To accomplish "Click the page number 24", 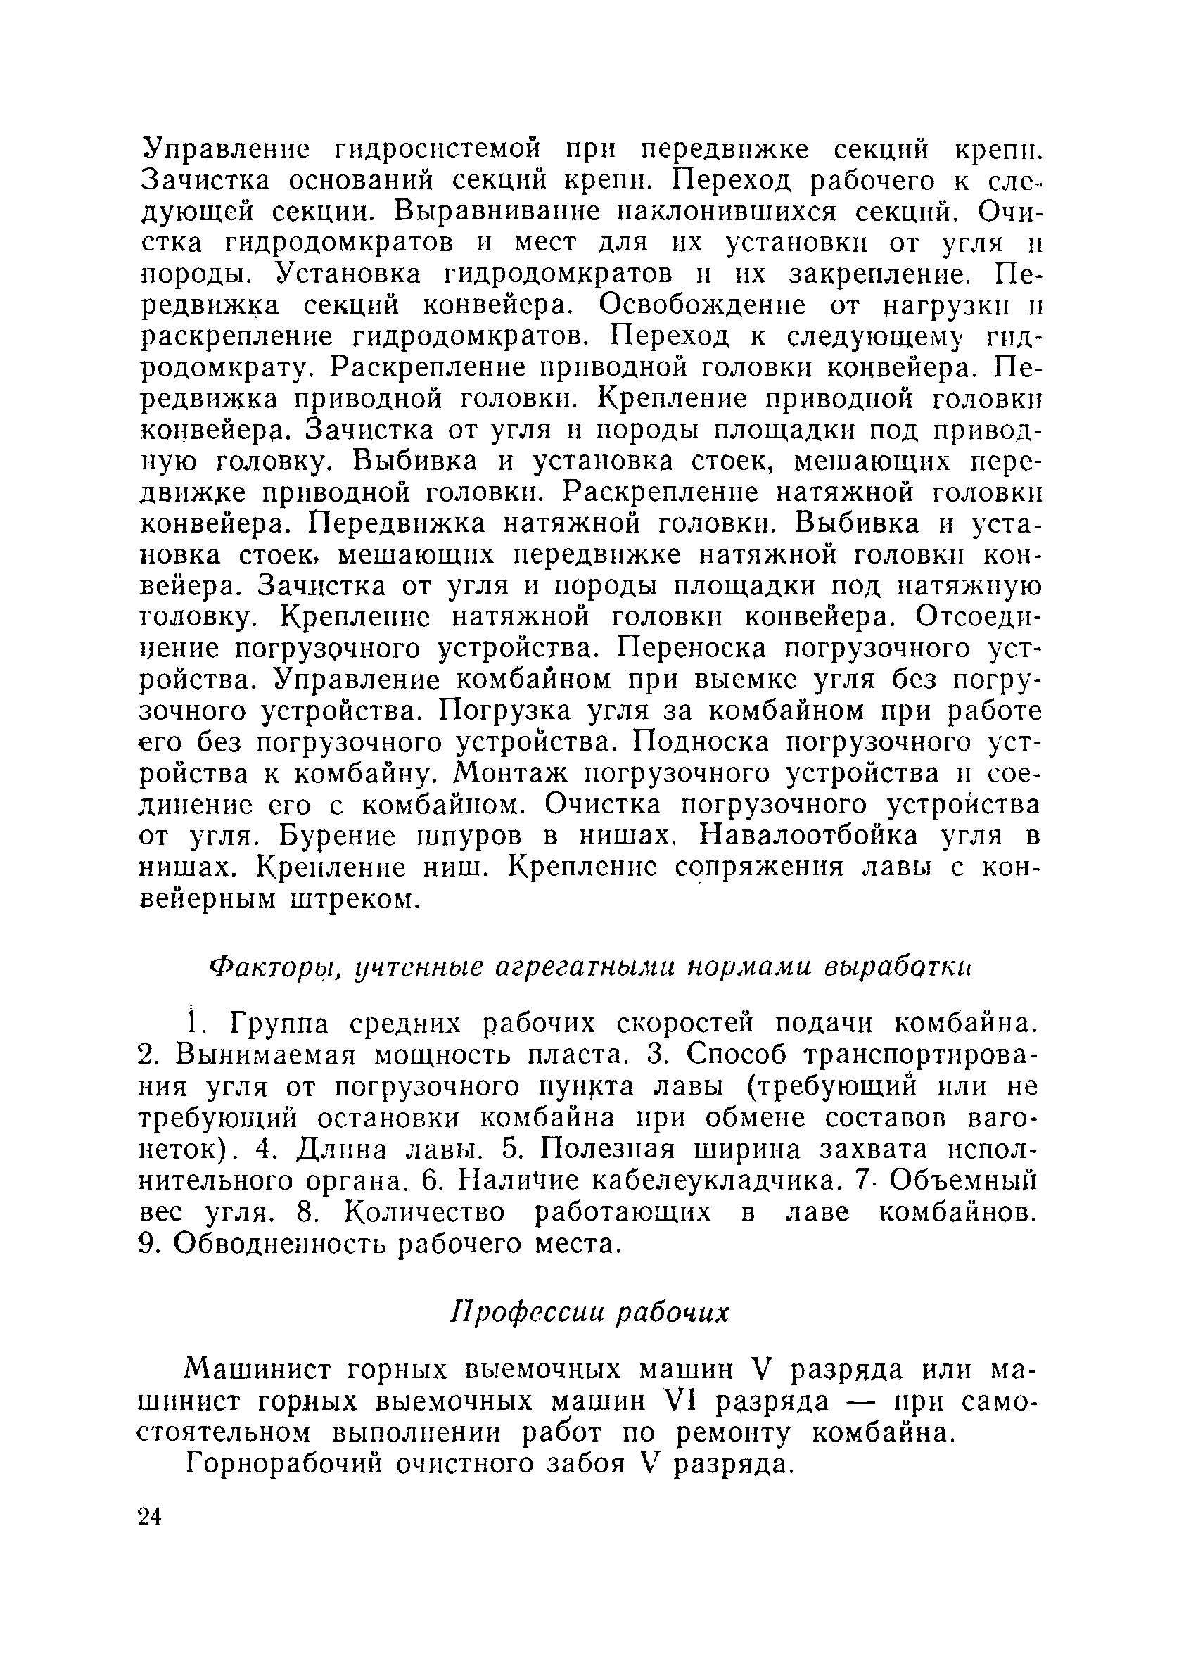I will [150, 1517].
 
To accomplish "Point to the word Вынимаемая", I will [266, 1055].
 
